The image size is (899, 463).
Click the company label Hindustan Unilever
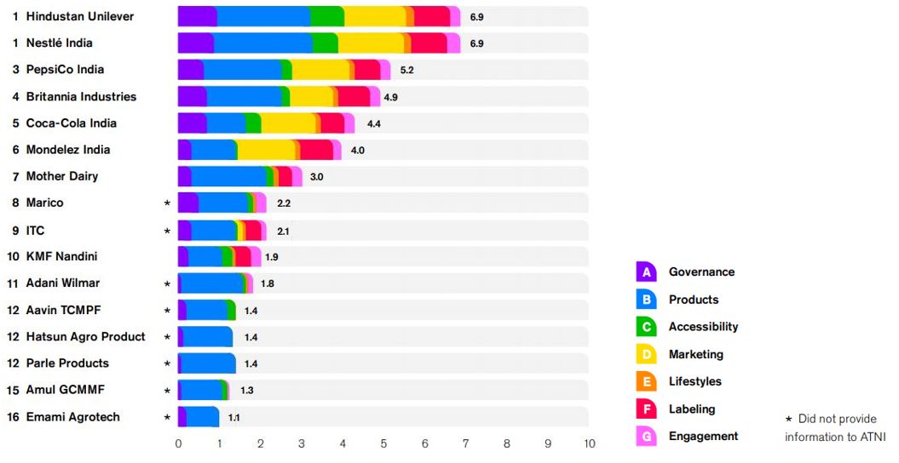point(80,17)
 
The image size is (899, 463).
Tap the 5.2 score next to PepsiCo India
point(406,70)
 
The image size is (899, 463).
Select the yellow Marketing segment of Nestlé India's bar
point(371,43)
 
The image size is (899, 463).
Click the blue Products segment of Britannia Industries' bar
point(245,97)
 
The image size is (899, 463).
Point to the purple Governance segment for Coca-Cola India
point(192,123)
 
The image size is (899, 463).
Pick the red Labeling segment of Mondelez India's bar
point(316,150)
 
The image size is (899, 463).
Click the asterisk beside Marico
point(167,203)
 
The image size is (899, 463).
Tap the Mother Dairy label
point(62,176)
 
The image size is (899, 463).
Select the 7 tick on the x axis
point(465,443)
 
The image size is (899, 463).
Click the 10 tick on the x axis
point(589,443)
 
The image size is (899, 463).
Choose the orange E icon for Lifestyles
point(646,382)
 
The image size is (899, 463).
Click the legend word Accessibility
point(704,327)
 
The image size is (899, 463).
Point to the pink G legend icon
point(646,437)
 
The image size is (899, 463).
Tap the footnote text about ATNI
point(835,427)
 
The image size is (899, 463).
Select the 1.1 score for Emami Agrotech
point(234,418)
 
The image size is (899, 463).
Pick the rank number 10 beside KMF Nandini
point(13,256)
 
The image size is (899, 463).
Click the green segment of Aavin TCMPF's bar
point(231,310)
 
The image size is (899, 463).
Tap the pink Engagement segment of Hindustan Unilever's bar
point(455,17)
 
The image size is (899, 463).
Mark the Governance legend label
point(702,272)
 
